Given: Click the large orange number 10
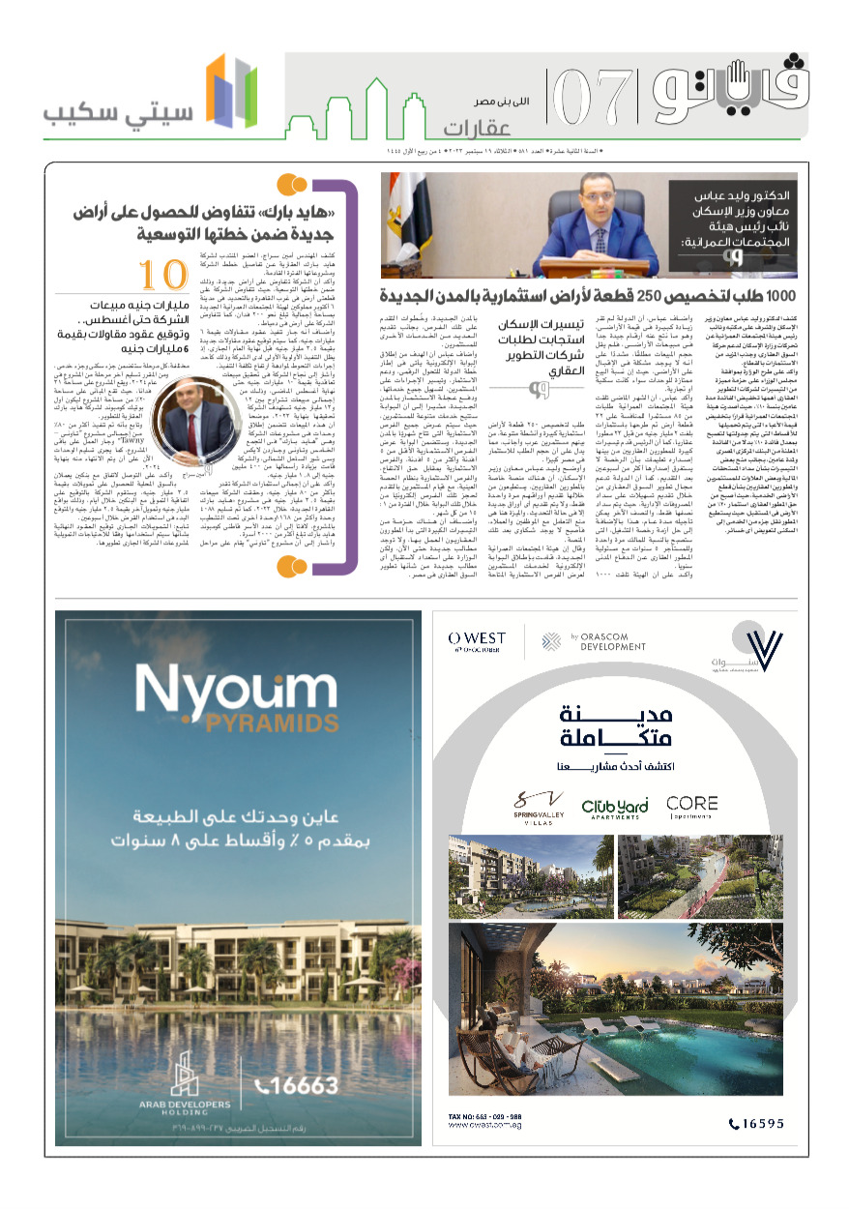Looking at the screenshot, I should pyautogui.click(x=161, y=276).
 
